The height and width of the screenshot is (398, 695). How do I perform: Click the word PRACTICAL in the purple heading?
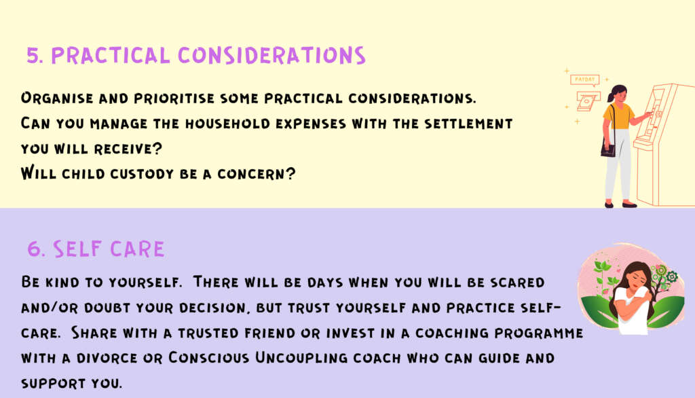(x=111, y=56)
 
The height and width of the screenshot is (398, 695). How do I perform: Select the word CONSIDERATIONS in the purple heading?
(x=271, y=56)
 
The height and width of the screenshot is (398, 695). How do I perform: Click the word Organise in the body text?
(x=57, y=98)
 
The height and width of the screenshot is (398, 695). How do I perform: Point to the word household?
(x=227, y=124)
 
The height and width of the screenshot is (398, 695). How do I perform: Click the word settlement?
(x=468, y=124)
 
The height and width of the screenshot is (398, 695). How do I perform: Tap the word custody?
(x=142, y=174)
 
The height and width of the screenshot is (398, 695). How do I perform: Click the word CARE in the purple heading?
(x=137, y=249)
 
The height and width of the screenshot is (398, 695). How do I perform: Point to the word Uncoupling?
(x=301, y=358)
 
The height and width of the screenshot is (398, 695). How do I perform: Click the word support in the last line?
(x=53, y=383)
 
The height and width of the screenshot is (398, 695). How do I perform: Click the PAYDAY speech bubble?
(x=584, y=80)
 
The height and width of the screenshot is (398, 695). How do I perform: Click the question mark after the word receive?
(x=157, y=148)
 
